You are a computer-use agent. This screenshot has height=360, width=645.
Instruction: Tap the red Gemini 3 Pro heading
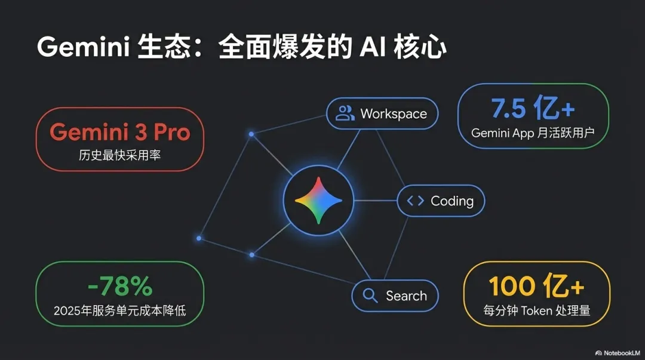click(x=119, y=132)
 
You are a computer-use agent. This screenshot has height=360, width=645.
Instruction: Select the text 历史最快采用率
click(x=119, y=156)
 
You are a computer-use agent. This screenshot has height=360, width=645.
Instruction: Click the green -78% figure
click(x=119, y=287)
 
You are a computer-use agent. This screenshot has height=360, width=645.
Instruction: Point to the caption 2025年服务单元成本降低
click(x=119, y=311)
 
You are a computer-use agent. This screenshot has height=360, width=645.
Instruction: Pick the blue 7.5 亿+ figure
click(x=533, y=109)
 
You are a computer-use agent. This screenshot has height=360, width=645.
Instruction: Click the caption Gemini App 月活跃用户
click(x=533, y=133)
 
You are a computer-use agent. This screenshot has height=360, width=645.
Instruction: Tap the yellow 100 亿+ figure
click(x=536, y=287)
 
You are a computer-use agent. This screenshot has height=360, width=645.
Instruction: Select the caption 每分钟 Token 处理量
click(x=536, y=311)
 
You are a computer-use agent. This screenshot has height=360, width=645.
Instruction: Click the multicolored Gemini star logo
click(x=318, y=201)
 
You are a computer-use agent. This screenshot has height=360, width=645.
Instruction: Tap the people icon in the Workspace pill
click(x=345, y=113)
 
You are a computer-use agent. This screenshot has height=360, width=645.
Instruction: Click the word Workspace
click(x=394, y=113)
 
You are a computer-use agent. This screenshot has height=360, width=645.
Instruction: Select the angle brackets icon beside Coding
click(x=415, y=201)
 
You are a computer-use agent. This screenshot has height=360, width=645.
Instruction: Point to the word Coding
click(x=452, y=201)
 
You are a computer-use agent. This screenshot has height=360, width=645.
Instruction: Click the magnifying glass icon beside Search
click(x=370, y=296)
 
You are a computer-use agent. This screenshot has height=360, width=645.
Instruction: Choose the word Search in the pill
click(x=406, y=296)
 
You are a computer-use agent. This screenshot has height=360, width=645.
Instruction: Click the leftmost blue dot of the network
click(x=199, y=238)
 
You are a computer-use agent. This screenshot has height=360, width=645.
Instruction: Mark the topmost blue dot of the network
click(x=251, y=134)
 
